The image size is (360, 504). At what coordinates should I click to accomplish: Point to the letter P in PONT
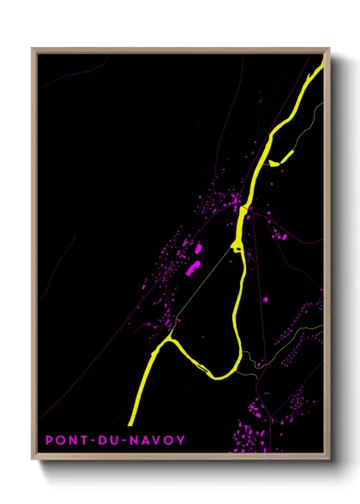(x=50, y=441)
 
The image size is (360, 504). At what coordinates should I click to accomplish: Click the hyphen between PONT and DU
(x=92, y=441)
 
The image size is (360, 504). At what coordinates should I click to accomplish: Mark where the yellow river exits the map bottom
(x=131, y=423)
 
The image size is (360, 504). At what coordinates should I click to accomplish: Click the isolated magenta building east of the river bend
(x=263, y=299)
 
